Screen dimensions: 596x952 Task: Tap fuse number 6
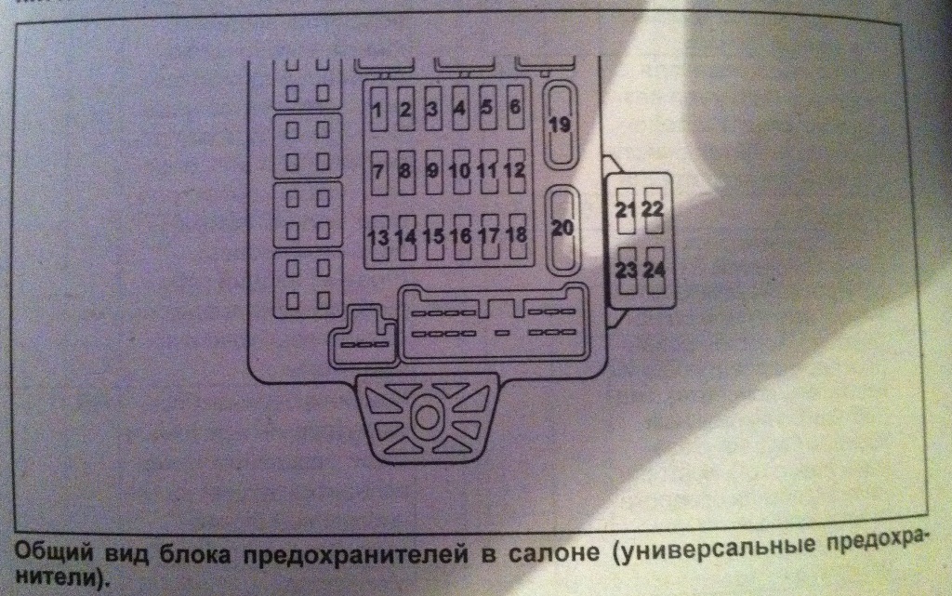pyautogui.click(x=514, y=108)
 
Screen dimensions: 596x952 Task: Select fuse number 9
pyautogui.click(x=432, y=171)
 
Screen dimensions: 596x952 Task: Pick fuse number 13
pyautogui.click(x=377, y=236)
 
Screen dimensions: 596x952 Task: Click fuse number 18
pyautogui.click(x=516, y=234)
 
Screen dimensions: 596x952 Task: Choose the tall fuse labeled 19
pyautogui.click(x=560, y=125)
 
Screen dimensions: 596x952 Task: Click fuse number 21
pyautogui.click(x=625, y=209)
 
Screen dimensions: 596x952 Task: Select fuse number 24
pyautogui.click(x=655, y=271)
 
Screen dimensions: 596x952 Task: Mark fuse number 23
pyautogui.click(x=626, y=271)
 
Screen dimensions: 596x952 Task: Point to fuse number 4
pyautogui.click(x=459, y=109)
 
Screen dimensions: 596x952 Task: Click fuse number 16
pyautogui.click(x=460, y=235)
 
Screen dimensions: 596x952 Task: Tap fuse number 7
pyautogui.click(x=377, y=172)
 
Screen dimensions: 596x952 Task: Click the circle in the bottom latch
pyautogui.click(x=426, y=417)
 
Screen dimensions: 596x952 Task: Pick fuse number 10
pyautogui.click(x=459, y=171)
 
